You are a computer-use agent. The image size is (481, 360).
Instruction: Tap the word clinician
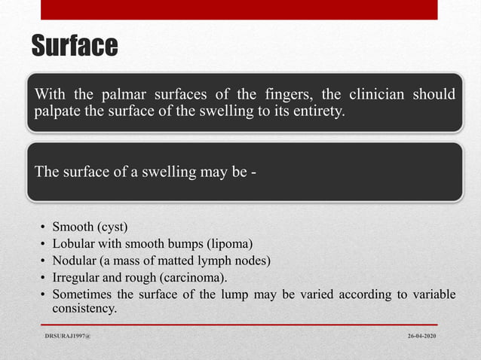[x=372, y=96]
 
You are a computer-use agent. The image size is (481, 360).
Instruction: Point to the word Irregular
[x=77, y=277]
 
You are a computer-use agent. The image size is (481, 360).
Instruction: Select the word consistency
[x=84, y=309]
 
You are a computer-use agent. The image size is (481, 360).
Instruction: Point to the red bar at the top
[x=238, y=10]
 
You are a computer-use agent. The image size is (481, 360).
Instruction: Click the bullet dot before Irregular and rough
[x=44, y=277]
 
